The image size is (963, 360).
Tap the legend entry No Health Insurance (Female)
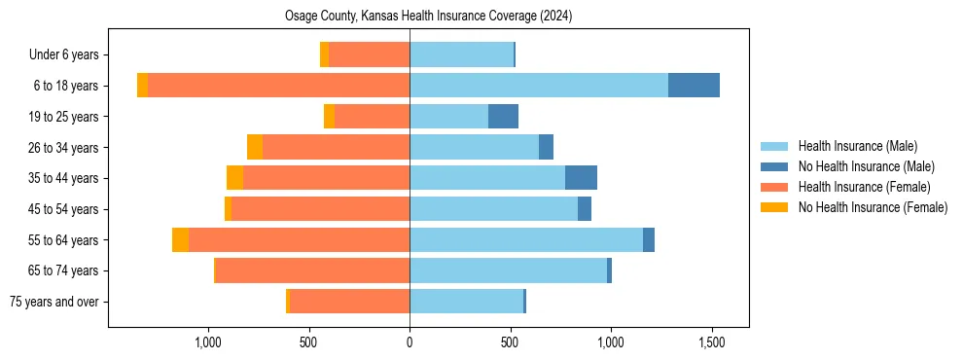click(x=873, y=207)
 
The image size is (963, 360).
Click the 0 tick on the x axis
click(x=410, y=342)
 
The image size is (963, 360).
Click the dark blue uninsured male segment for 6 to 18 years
click(x=694, y=86)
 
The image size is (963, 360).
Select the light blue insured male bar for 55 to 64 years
click(x=525, y=240)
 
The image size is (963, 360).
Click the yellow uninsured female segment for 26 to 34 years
click(x=255, y=147)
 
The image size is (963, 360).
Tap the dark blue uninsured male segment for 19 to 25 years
click(x=503, y=117)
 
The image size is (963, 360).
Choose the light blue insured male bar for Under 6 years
click(x=461, y=54)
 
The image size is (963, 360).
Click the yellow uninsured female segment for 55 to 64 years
click(x=180, y=240)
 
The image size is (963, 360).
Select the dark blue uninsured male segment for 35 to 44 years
click(x=581, y=178)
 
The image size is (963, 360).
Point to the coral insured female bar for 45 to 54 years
click(x=320, y=209)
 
